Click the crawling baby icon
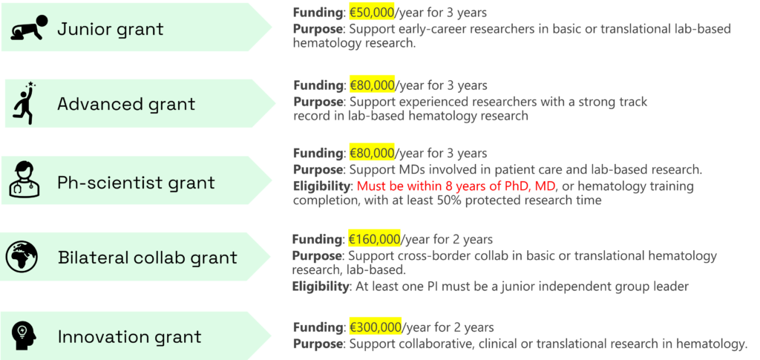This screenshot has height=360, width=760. (30, 28)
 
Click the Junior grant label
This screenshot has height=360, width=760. (111, 30)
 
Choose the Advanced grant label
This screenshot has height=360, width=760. (126, 104)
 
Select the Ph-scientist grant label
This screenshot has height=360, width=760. (136, 183)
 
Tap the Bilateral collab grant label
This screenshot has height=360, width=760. (148, 258)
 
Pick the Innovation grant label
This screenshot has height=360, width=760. (129, 336)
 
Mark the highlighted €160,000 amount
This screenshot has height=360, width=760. (374, 239)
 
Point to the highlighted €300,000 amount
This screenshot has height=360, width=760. (375, 327)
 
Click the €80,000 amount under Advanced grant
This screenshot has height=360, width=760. (372, 85)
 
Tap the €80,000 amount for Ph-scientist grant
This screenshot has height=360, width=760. (372, 154)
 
